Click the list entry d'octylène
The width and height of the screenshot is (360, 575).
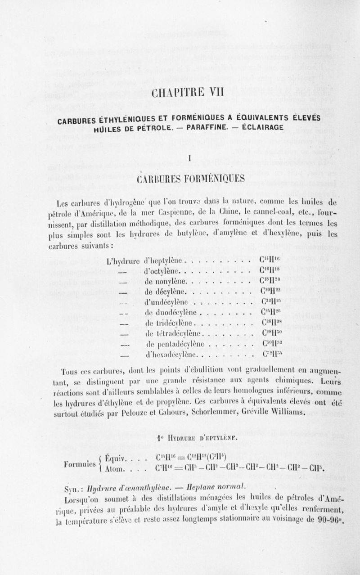coord(163,271)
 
